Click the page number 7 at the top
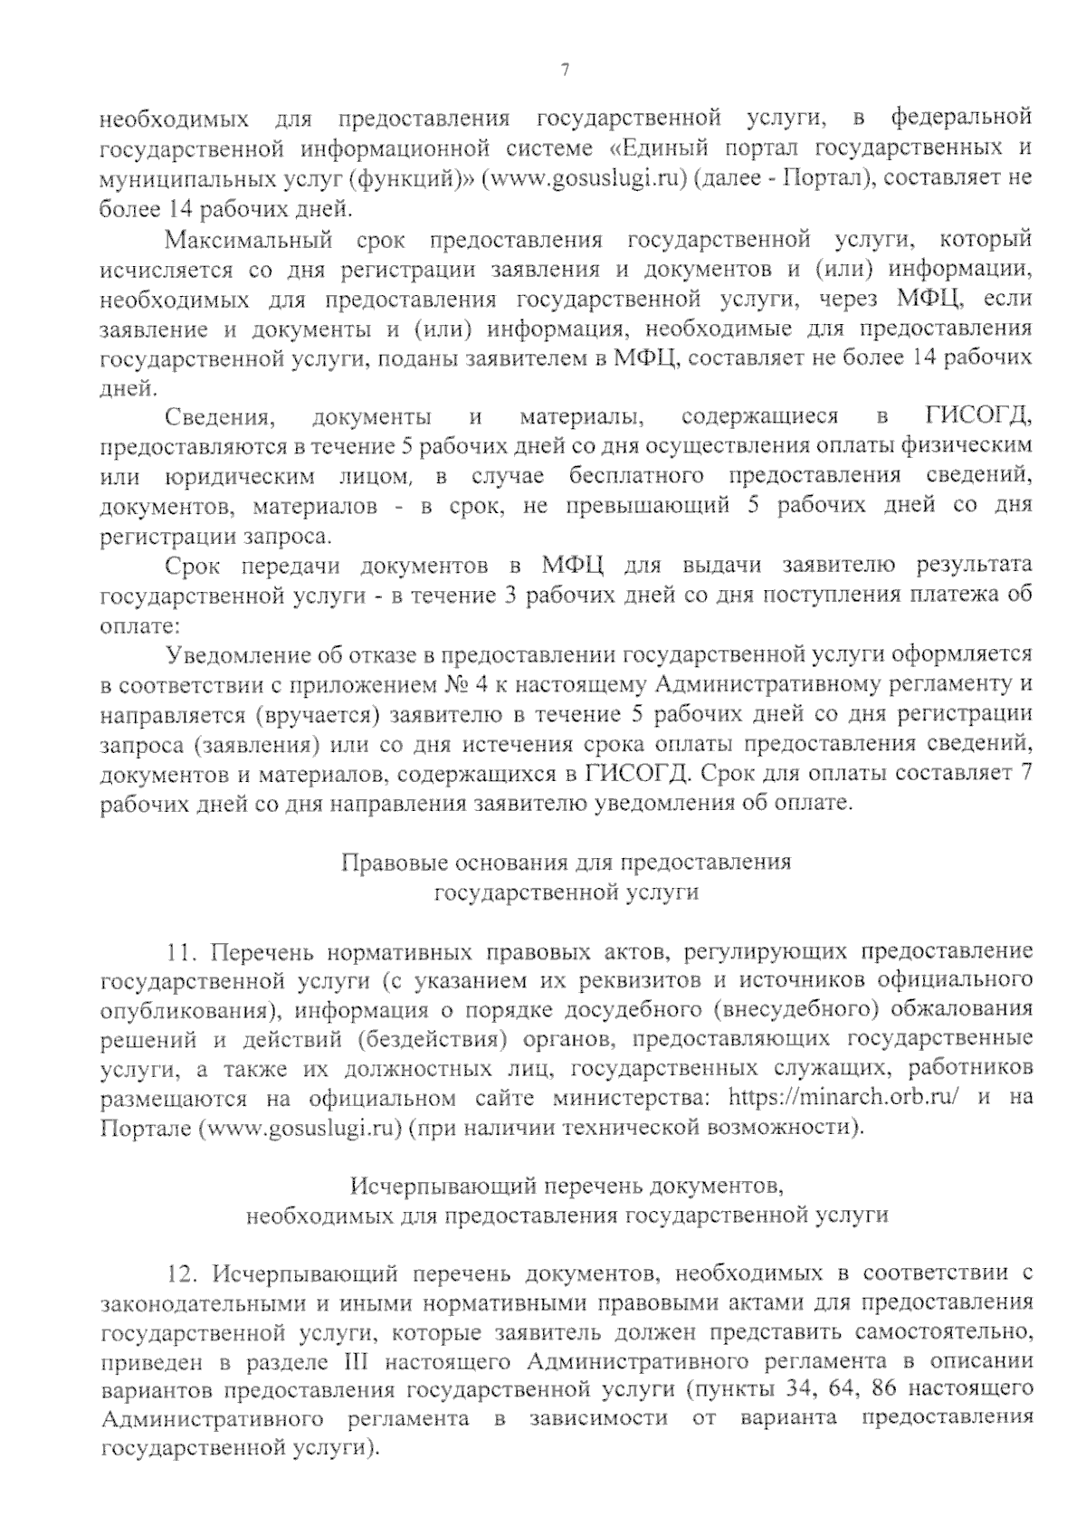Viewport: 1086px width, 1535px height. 565,71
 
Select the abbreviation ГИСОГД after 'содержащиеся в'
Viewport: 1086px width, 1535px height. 978,416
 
